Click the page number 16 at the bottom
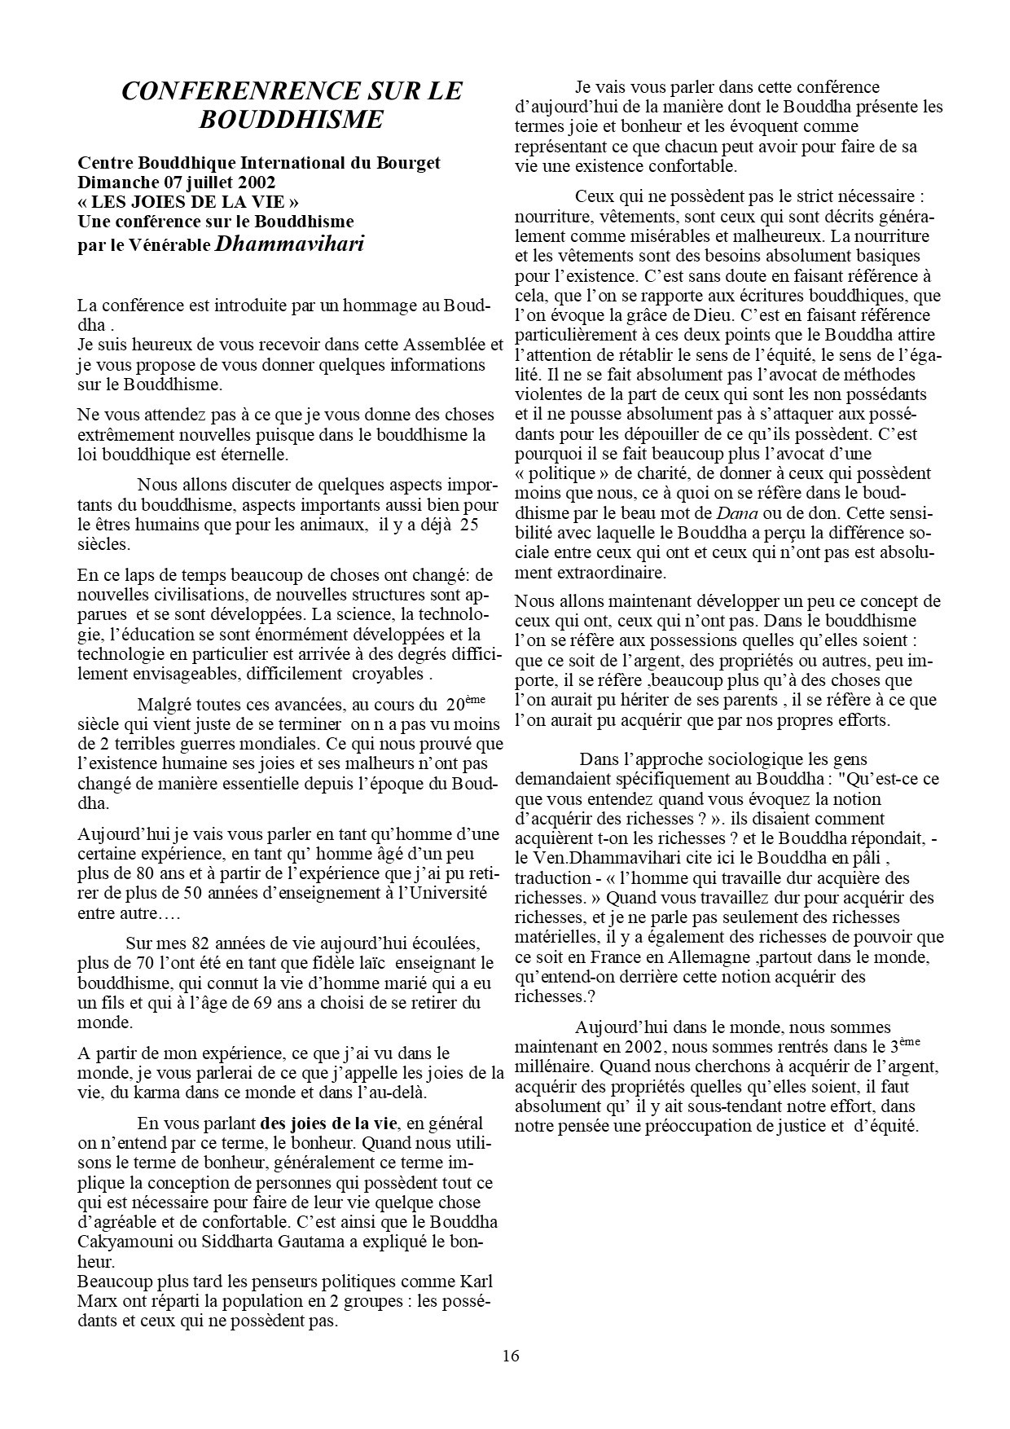511,1356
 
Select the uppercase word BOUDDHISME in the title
291,120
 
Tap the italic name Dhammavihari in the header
290,243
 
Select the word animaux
334,525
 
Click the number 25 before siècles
468,525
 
